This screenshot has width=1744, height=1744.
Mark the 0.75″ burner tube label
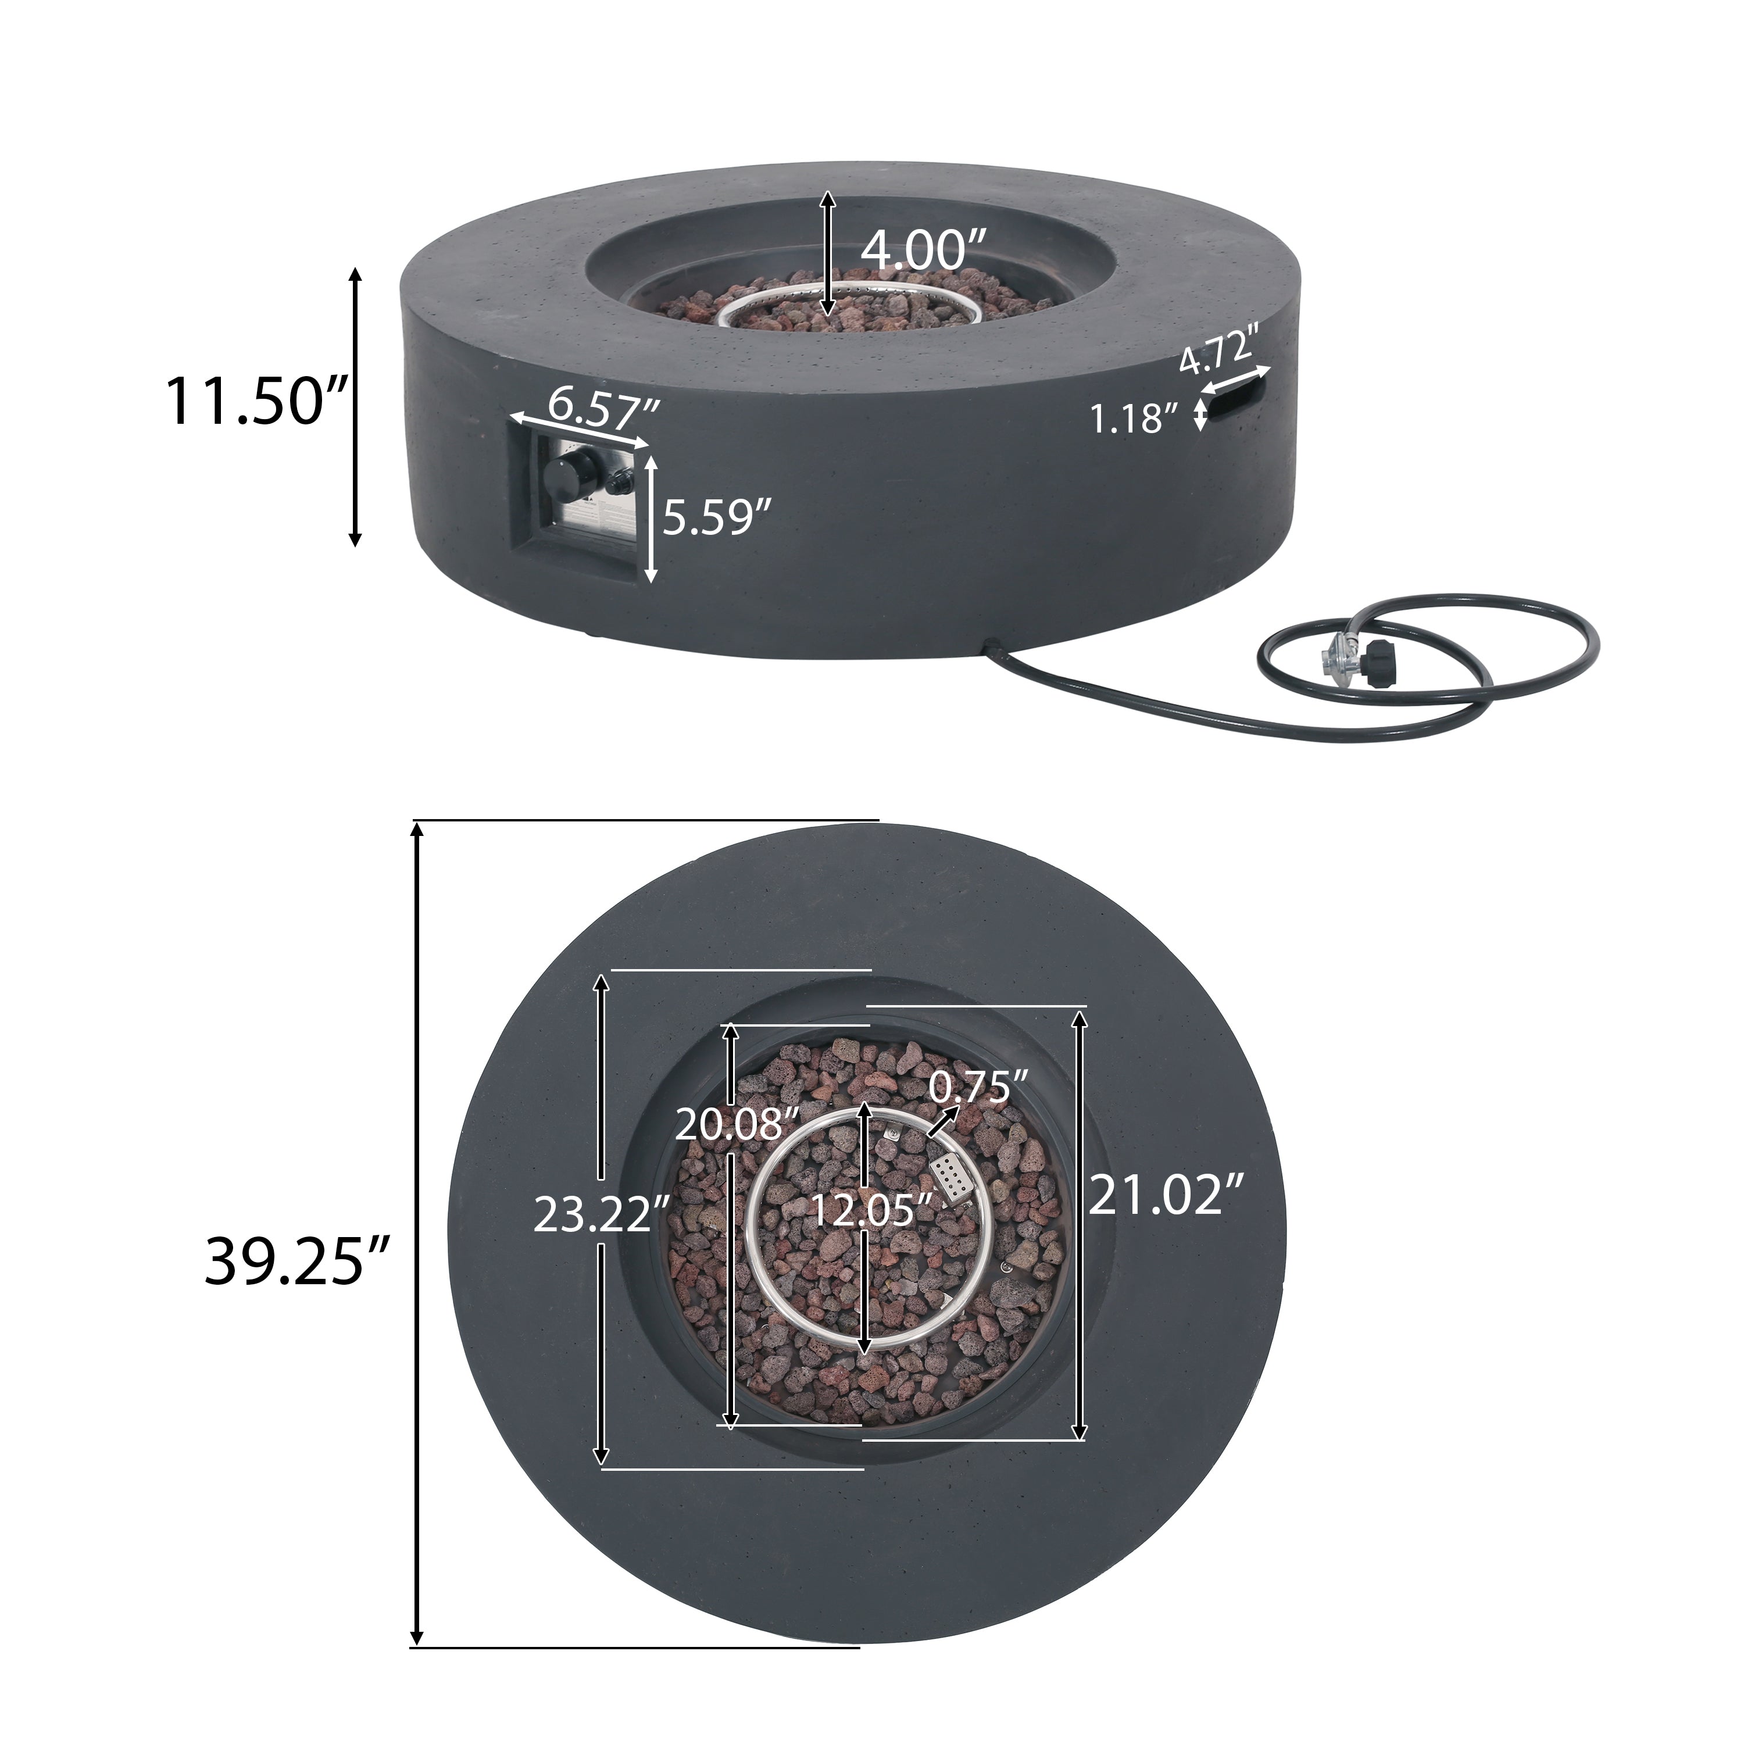click(x=980, y=1088)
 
